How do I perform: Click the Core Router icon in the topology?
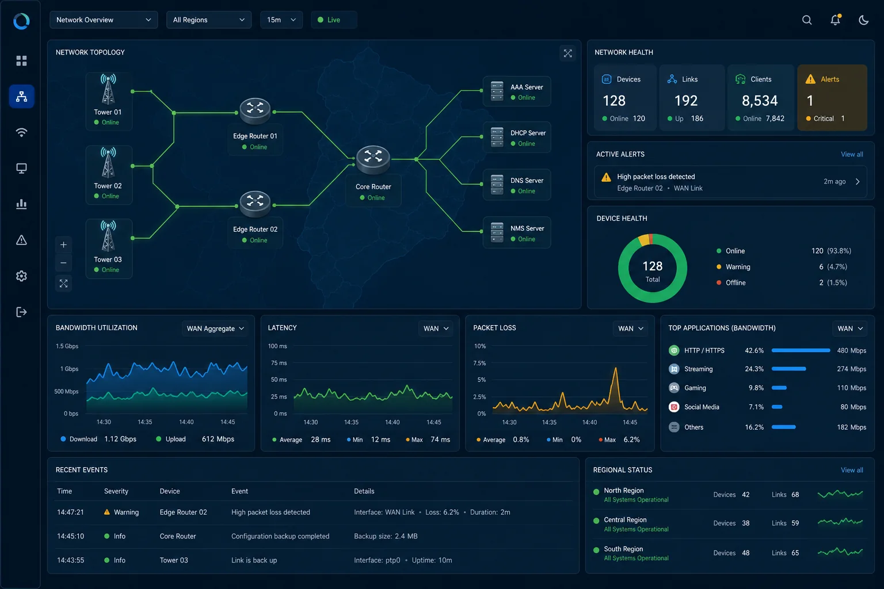click(373, 159)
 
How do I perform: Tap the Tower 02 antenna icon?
click(108, 163)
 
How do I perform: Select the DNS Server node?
click(517, 185)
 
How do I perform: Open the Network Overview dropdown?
click(104, 20)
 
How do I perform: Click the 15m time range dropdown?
click(281, 20)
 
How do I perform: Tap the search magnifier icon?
click(807, 20)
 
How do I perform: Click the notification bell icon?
click(835, 20)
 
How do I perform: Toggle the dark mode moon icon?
click(863, 20)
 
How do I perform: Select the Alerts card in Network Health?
click(832, 97)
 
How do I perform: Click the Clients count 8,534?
click(759, 101)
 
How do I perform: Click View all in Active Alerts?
click(852, 154)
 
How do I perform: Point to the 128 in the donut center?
click(652, 266)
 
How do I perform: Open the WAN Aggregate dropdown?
click(215, 328)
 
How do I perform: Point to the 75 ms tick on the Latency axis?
click(279, 363)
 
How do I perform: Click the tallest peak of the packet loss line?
click(615, 369)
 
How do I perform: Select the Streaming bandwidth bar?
click(788, 369)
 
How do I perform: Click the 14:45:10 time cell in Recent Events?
click(70, 536)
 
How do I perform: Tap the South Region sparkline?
click(840, 552)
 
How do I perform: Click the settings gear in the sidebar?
click(21, 276)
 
